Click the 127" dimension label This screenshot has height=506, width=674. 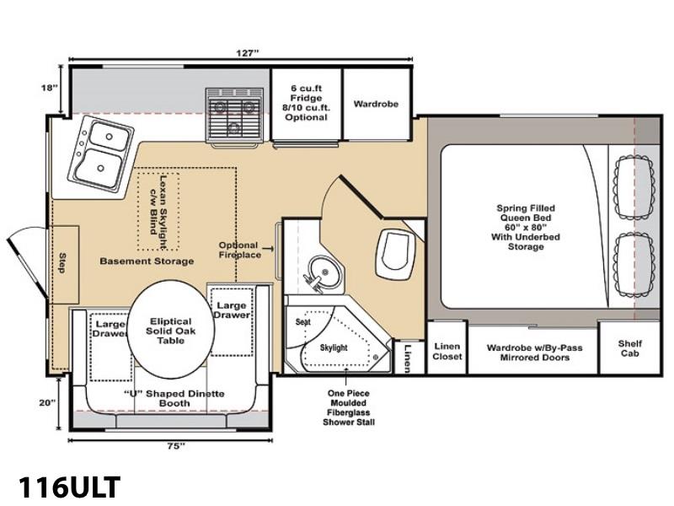[248, 53]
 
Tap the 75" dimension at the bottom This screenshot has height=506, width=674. [176, 446]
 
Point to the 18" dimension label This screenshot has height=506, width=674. [50, 88]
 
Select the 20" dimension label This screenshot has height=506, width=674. [48, 403]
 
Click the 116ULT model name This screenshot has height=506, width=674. [69, 487]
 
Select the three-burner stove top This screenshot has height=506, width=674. [234, 116]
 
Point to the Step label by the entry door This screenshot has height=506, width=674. [62, 263]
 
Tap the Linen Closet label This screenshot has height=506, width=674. [447, 351]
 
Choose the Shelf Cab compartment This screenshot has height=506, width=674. [629, 348]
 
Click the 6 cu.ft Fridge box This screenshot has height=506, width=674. [307, 103]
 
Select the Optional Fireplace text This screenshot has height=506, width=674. [239, 250]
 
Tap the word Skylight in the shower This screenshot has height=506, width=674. [334, 347]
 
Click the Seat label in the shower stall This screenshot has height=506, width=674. [303, 322]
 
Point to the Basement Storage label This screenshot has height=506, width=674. [147, 261]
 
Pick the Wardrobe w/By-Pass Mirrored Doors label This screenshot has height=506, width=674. [534, 353]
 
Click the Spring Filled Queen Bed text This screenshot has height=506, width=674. [526, 227]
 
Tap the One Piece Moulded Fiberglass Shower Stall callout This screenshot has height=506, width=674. [349, 408]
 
